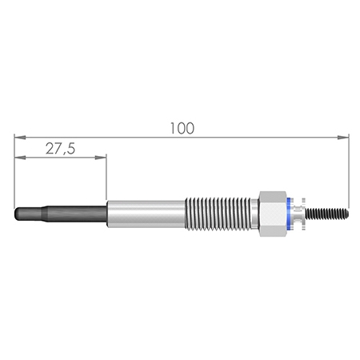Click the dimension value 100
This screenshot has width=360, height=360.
pyautogui.click(x=182, y=128)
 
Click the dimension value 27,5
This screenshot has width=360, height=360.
pyautogui.click(x=60, y=149)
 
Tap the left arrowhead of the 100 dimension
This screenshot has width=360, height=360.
pyautogui.click(x=20, y=138)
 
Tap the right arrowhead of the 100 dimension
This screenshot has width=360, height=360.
pyautogui.click(x=343, y=138)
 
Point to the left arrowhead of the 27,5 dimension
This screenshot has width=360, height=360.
pyautogui.click(x=20, y=158)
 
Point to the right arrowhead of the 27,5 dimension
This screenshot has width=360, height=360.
pyautogui.click(x=101, y=158)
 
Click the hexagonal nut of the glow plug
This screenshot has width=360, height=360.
pyautogui.click(x=273, y=214)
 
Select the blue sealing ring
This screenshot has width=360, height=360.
pyautogui.click(x=289, y=214)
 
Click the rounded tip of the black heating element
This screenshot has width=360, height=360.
pyautogui.click(x=17, y=214)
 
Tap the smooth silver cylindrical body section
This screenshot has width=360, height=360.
pyautogui.click(x=146, y=214)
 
